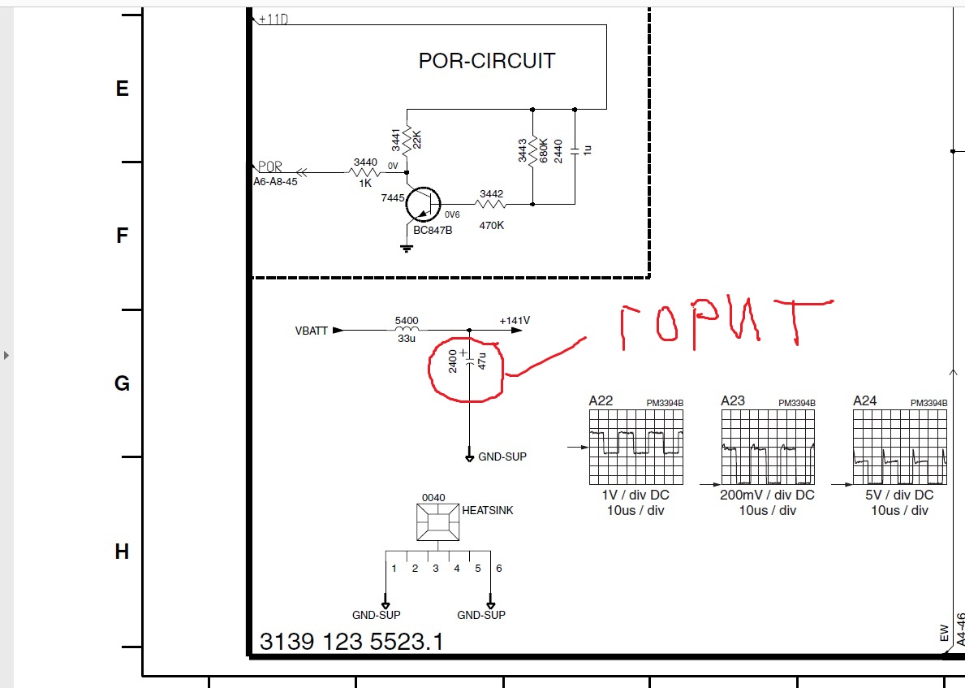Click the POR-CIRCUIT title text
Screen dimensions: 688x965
(x=487, y=61)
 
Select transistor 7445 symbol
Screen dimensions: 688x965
(x=423, y=204)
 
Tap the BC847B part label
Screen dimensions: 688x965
(x=433, y=231)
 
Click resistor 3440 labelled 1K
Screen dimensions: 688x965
(x=365, y=172)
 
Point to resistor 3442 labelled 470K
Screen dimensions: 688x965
(x=492, y=204)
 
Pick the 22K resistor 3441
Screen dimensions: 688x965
(x=407, y=142)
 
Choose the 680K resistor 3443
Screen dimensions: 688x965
(x=533, y=150)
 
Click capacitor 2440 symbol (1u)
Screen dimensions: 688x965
(x=575, y=150)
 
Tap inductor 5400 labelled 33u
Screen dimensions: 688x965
(x=407, y=330)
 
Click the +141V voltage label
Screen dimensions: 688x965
(x=515, y=320)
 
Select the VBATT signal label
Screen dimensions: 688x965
(x=312, y=331)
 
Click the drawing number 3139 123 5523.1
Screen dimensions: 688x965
(x=351, y=642)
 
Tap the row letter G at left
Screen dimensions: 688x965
(x=122, y=383)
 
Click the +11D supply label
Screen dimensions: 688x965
(x=274, y=19)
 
